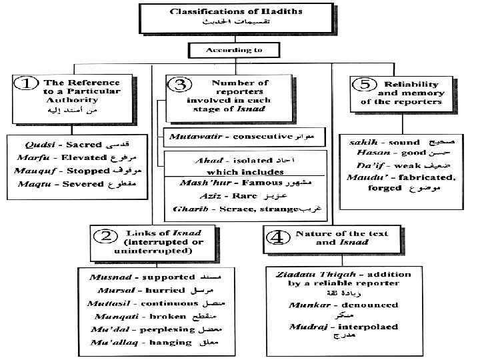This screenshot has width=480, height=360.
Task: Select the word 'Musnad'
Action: (x=109, y=275)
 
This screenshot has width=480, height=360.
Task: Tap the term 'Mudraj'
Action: (x=306, y=327)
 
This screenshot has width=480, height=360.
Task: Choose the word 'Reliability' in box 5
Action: (x=411, y=84)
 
